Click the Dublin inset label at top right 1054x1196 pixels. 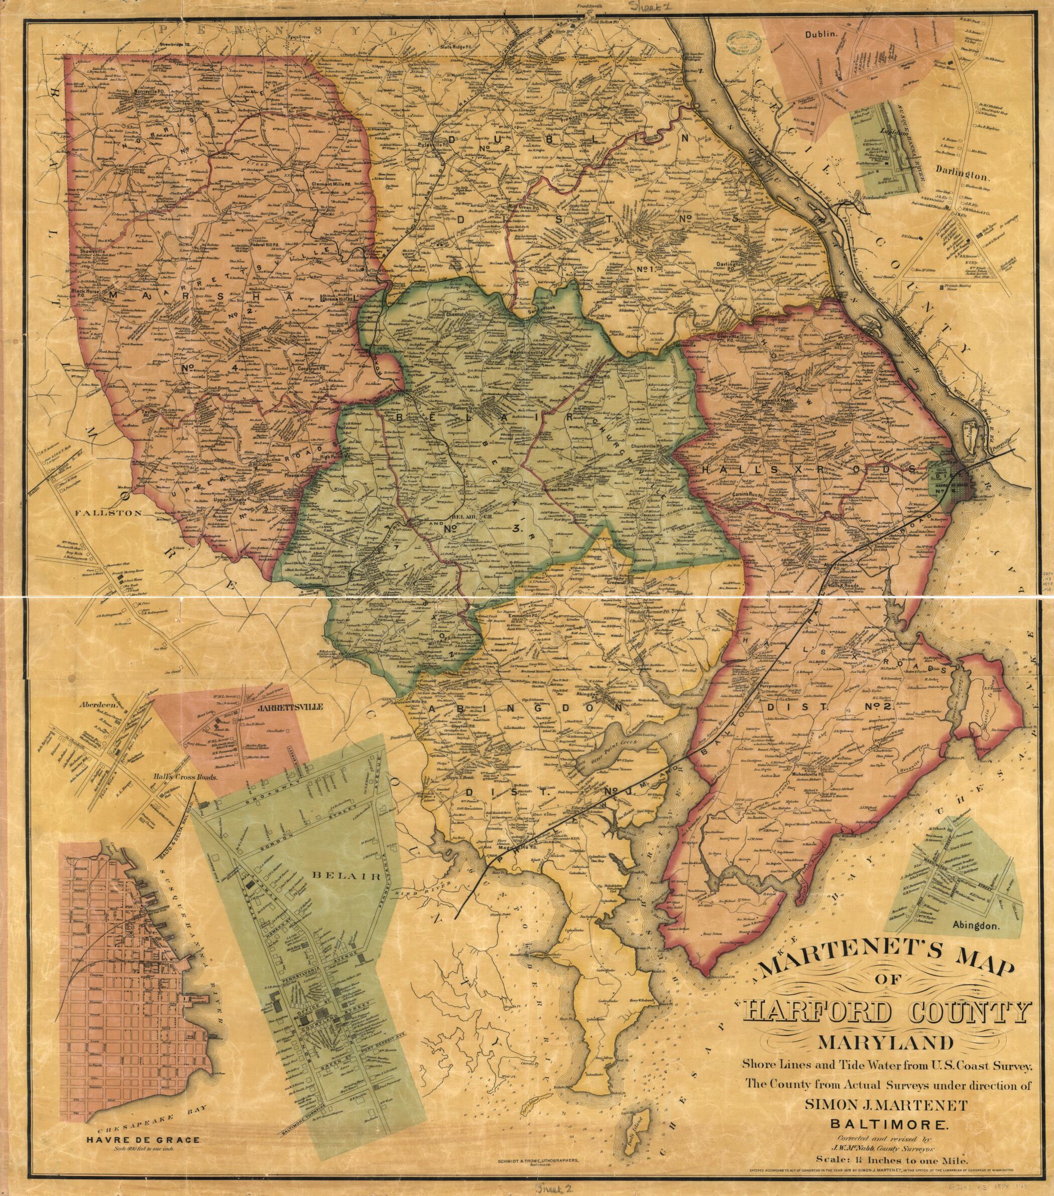[830, 35]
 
